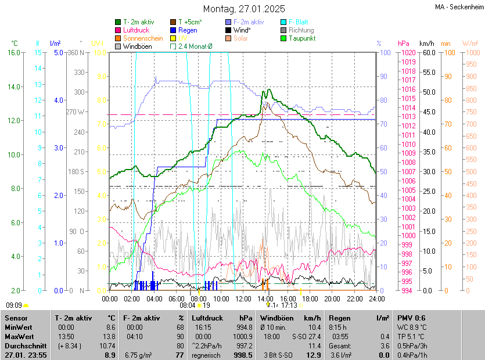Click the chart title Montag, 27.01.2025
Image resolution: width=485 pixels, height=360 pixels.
pyautogui.click(x=244, y=9)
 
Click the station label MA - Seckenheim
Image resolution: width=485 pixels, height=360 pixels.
pyautogui.click(x=458, y=8)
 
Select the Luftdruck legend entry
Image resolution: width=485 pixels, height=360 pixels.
pyautogui.click(x=136, y=30)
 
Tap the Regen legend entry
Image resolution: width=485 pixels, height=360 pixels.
pyautogui.click(x=188, y=30)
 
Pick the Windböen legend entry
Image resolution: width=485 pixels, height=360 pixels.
pyautogui.click(x=138, y=46)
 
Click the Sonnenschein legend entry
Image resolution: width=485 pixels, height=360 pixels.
pyautogui.click(x=143, y=38)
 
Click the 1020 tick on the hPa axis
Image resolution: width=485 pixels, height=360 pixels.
pyautogui.click(x=407, y=53)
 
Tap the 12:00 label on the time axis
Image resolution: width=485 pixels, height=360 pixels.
pyautogui.click(x=243, y=299)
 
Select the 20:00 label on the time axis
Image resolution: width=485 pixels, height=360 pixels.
pyautogui.click(x=332, y=299)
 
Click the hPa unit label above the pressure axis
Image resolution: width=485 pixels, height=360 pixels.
pyautogui.click(x=403, y=44)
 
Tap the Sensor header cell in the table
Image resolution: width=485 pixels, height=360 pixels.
pyautogui.click(x=16, y=318)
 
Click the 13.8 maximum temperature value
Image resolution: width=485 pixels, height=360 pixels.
pyautogui.click(x=109, y=337)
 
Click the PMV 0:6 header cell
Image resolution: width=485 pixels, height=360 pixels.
pyautogui.click(x=412, y=318)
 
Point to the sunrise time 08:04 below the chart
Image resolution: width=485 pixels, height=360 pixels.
pyautogui.click(x=187, y=305)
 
